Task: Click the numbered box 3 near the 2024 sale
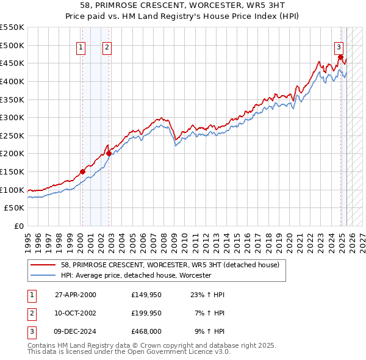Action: pyautogui.click(x=339, y=46)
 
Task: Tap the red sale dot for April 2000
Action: pyautogui.click(x=82, y=172)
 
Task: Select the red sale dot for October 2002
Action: pyautogui.click(x=109, y=154)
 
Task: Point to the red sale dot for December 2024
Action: pyautogui.click(x=340, y=57)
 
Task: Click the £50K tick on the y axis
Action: pyautogui.click(x=15, y=207)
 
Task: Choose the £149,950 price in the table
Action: pyautogui.click(x=146, y=295)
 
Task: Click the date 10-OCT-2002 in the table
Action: pyautogui.click(x=76, y=313)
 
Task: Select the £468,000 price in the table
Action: pyautogui.click(x=146, y=331)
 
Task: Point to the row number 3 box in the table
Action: pyautogui.click(x=31, y=331)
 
